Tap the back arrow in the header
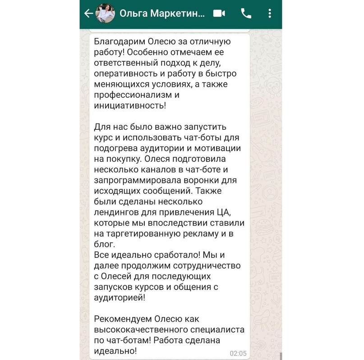coord(88,14)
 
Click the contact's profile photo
coord(106,14)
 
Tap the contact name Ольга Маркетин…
coord(162,14)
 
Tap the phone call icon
coord(246,14)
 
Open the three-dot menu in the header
coord(270,14)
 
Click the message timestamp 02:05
coord(238,352)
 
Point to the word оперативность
coord(123,73)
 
